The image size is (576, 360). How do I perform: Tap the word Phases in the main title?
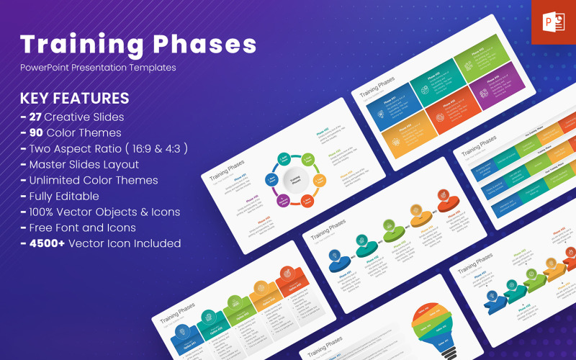tap(208, 44)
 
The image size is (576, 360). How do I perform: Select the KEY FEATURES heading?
tap(75, 99)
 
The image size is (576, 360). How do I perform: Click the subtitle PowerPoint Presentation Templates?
tap(98, 68)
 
